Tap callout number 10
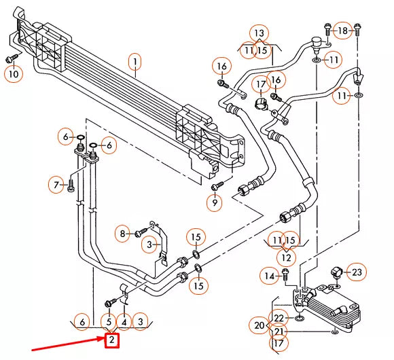point(13,73)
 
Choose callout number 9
point(215,202)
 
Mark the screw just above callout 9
point(216,185)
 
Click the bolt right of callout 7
point(71,184)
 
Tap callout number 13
point(258,33)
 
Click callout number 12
point(285,258)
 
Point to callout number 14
point(270,276)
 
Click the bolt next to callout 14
point(284,275)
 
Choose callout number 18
point(343,31)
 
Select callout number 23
point(357,272)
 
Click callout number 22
point(279,318)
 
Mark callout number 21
point(279,331)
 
